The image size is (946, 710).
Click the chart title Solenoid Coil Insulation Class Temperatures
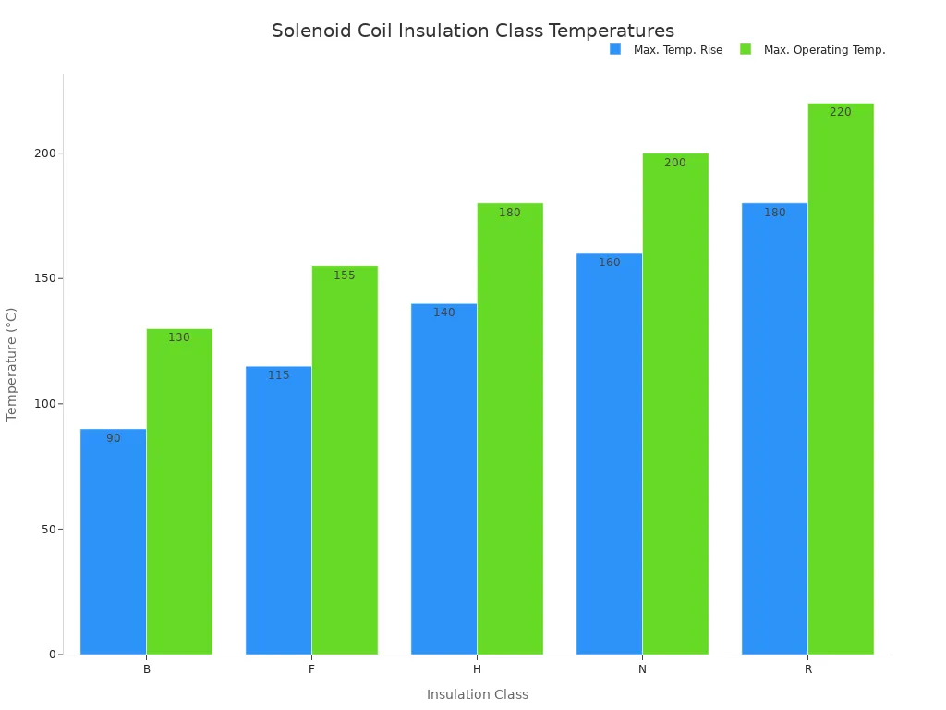(472, 31)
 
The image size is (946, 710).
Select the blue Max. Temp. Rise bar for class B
(113, 545)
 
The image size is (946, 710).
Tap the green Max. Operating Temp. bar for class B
(179, 495)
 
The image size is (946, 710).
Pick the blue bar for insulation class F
(278, 513)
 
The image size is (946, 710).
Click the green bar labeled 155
(345, 462)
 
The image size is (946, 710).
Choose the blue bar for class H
(443, 481)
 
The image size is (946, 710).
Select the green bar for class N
(675, 407)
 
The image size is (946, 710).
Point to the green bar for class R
(841, 379)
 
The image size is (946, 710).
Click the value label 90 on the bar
(113, 438)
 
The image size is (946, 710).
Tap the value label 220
(841, 112)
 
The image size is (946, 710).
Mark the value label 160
(609, 263)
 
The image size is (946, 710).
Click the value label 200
(675, 163)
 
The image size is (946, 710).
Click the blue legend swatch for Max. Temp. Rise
(615, 49)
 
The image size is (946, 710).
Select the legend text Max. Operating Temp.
(824, 50)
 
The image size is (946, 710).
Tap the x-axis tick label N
(642, 669)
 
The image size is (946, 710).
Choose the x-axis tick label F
(311, 669)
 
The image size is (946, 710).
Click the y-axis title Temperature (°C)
(12, 364)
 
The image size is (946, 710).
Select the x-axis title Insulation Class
(477, 694)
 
